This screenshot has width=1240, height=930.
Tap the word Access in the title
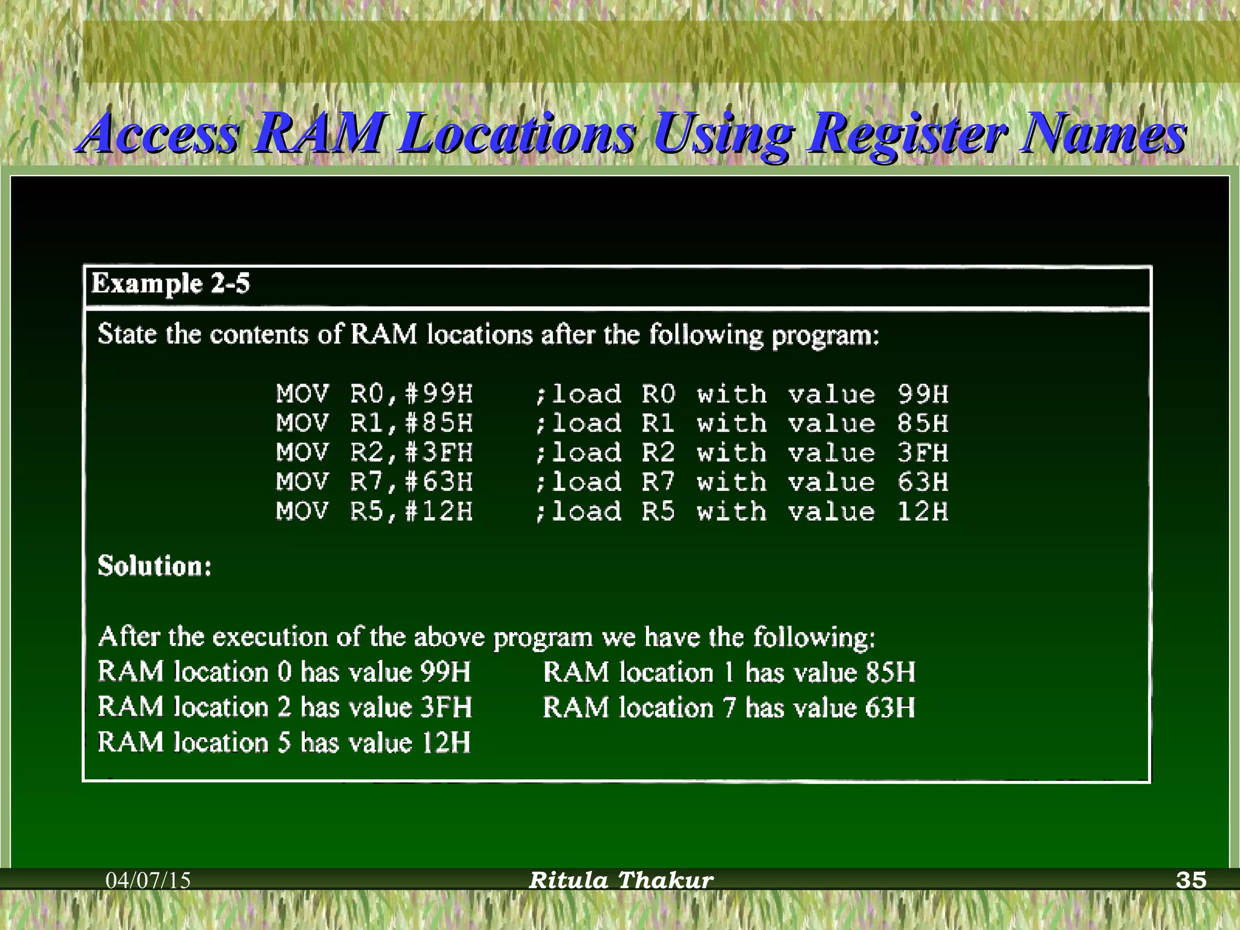pyautogui.click(x=160, y=133)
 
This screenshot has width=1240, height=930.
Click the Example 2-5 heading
pyautogui.click(x=170, y=283)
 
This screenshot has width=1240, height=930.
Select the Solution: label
pyautogui.click(x=155, y=566)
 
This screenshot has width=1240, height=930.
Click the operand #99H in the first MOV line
pyautogui.click(x=439, y=394)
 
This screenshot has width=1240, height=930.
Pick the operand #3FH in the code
pyautogui.click(x=439, y=453)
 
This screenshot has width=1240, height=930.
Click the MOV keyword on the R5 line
pyautogui.click(x=303, y=512)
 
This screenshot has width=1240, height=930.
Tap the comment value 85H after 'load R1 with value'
pyautogui.click(x=923, y=423)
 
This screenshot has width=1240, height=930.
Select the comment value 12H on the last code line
pyautogui.click(x=923, y=512)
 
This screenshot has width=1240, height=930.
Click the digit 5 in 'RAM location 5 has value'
pyautogui.click(x=284, y=743)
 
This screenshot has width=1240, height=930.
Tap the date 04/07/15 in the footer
pyautogui.click(x=148, y=880)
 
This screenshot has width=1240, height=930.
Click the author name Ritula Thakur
pyautogui.click(x=621, y=880)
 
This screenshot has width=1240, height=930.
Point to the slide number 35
pyautogui.click(x=1191, y=880)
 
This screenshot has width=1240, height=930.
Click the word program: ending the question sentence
pyautogui.click(x=825, y=335)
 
